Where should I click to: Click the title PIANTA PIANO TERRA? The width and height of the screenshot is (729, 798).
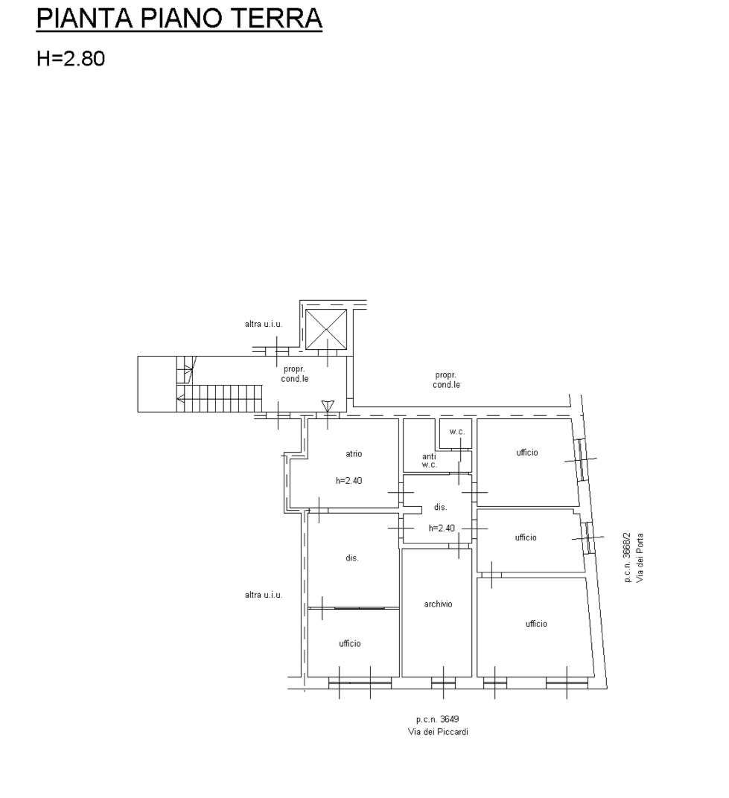179,19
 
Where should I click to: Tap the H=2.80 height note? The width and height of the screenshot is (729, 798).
71,58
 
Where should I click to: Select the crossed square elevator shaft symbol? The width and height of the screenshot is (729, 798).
326,329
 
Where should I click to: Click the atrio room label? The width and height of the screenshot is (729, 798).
354,453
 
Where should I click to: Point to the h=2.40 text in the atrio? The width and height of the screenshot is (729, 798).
348,480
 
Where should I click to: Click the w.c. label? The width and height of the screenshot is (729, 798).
456,432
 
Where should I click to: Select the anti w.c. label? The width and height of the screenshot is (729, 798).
429,461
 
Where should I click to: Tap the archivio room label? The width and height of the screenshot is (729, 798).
438,604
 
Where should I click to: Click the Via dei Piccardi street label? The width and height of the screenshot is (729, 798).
438,732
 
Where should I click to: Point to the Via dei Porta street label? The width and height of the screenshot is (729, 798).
640,558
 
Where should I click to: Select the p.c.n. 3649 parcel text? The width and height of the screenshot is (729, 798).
437,719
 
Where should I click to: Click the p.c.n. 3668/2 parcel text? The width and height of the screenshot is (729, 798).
627,558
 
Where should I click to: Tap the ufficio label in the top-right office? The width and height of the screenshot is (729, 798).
527,453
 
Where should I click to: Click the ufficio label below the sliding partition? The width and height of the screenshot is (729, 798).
350,644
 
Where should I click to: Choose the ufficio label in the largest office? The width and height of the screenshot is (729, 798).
536,624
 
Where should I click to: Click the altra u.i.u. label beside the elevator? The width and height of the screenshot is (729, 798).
263,324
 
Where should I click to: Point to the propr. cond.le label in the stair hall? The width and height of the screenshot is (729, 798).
295,374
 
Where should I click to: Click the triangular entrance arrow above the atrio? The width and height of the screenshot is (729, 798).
328,406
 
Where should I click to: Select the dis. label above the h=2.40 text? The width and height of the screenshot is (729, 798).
440,507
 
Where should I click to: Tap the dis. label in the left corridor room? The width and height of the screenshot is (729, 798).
352,558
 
